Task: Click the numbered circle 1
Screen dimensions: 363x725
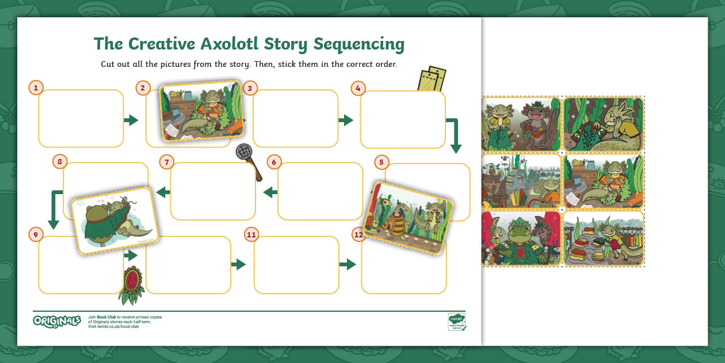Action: click(x=36, y=88)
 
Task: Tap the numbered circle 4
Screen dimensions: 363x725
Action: click(x=358, y=88)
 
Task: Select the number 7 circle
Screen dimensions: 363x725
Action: click(x=166, y=162)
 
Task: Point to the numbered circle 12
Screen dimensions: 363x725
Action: click(x=359, y=235)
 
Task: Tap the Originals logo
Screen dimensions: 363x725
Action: click(x=56, y=321)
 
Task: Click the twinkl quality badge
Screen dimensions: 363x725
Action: click(x=457, y=321)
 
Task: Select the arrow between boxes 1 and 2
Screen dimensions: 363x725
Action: click(x=131, y=120)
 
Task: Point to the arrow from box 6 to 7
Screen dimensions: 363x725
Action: click(x=269, y=192)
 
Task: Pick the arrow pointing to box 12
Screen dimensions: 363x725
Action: click(x=347, y=264)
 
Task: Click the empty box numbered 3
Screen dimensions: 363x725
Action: click(x=295, y=119)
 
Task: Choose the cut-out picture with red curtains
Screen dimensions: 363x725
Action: click(x=521, y=239)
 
